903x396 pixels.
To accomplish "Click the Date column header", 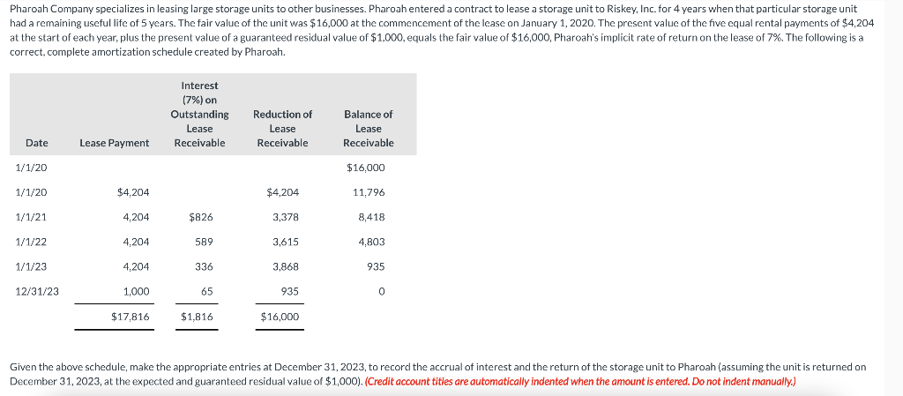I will tap(37, 143).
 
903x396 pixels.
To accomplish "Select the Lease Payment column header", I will tap(114, 143).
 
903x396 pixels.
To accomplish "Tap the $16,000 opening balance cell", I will tap(366, 168).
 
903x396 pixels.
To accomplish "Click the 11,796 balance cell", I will tap(369, 192).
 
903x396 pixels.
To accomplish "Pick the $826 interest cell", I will tap(200, 217).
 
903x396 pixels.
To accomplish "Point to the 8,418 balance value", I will tap(371, 217).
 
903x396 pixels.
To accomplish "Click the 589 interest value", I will tap(204, 242).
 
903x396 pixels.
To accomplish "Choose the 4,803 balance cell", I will tap(371, 242).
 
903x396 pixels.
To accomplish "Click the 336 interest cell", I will tap(204, 266).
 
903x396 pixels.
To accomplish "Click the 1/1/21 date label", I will tap(32, 217).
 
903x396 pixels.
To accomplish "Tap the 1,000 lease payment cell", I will tap(137, 291).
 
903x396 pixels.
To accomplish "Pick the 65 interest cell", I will tap(206, 291).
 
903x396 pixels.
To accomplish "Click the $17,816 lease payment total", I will tap(131, 316).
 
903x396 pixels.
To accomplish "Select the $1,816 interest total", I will tap(197, 316).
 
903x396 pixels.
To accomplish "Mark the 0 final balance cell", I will tap(383, 291).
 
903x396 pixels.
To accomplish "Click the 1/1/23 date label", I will tap(32, 266).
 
